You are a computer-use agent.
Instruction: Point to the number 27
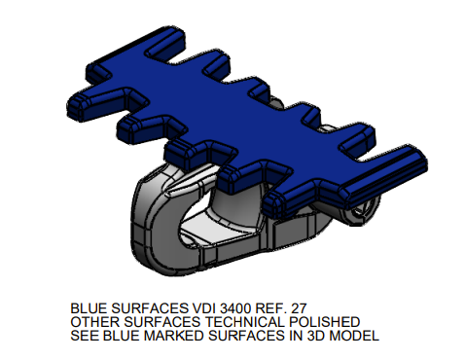coord(299,308)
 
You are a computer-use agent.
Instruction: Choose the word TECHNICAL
coord(245,322)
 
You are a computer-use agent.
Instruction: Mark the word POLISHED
coord(324,322)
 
